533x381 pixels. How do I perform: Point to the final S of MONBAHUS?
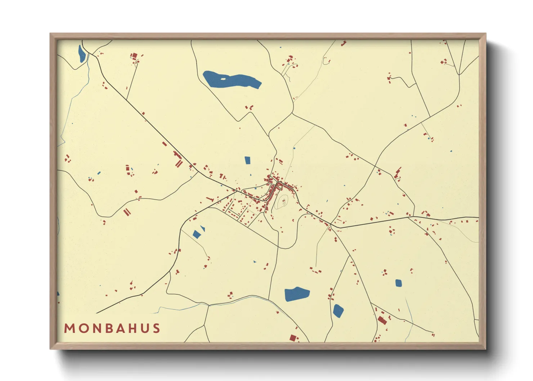click(x=156, y=328)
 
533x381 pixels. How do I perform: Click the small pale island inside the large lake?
click(x=223, y=79)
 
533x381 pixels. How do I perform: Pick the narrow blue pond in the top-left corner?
click(x=82, y=54)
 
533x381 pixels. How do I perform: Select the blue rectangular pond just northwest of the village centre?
click(x=247, y=160)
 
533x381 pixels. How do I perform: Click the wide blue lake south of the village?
click(x=296, y=294)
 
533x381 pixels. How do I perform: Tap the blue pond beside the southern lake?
click(x=338, y=310)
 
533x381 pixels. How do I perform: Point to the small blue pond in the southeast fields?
click(x=398, y=283)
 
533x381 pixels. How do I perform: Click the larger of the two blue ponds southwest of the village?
click(x=197, y=234)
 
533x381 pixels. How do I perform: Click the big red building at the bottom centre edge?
click(x=294, y=338)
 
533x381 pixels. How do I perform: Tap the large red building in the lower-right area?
click(x=382, y=320)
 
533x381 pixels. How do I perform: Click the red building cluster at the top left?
click(x=134, y=56)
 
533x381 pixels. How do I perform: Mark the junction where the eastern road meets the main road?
click(x=331, y=224)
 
